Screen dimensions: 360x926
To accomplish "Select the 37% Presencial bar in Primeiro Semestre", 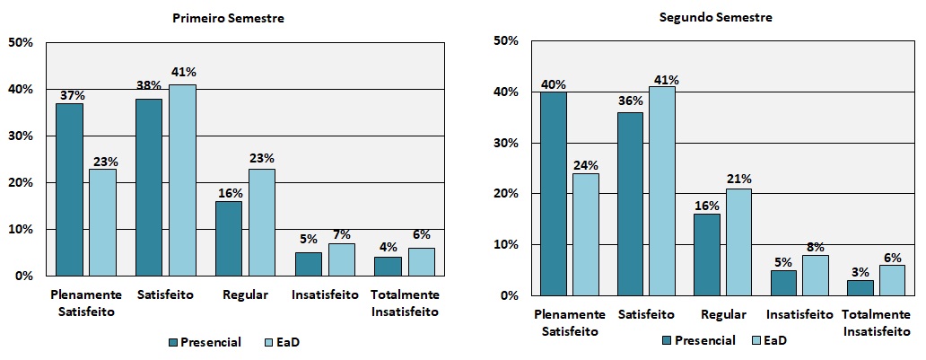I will (69, 189).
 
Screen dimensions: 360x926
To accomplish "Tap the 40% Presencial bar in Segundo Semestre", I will (553, 193).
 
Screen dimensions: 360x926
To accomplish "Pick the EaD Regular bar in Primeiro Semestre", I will (262, 222).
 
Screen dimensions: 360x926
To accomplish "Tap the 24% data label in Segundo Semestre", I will (585, 165).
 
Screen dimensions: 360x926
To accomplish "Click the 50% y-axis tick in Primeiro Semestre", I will (21, 42).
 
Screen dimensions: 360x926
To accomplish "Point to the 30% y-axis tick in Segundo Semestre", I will (506, 143).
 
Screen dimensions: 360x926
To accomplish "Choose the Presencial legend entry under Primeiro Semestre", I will (204, 342).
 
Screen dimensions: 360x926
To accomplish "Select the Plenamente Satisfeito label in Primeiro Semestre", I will (85, 303).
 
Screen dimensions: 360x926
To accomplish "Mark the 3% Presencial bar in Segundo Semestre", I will (860, 287).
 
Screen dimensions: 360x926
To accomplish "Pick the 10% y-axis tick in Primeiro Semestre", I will (21, 229).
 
